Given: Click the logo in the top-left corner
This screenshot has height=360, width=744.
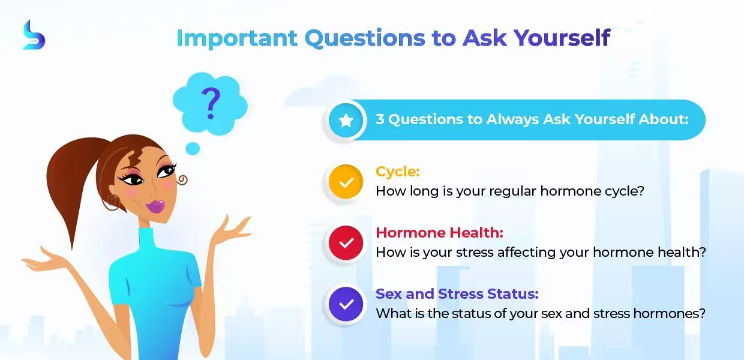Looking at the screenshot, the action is click(34, 35).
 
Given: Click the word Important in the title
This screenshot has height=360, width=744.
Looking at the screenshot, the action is click(237, 38).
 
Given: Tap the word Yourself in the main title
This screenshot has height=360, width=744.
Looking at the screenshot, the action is click(562, 38).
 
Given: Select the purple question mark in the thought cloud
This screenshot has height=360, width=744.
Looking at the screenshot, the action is click(211, 103).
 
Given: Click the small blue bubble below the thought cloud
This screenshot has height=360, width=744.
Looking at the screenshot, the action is click(193, 148).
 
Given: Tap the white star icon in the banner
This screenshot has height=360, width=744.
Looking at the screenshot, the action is click(346, 120).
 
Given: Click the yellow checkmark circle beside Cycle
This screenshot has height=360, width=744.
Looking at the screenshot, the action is click(346, 182).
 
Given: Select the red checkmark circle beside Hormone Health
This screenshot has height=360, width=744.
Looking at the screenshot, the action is click(346, 243).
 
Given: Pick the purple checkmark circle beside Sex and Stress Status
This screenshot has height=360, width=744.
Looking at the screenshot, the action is click(346, 304).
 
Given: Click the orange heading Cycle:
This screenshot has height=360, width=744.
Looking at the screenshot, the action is click(398, 172).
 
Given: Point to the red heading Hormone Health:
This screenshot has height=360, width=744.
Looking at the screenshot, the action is click(439, 232).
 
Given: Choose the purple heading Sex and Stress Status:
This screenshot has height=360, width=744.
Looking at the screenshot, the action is click(457, 294).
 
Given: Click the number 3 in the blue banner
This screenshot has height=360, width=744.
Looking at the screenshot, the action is click(380, 119).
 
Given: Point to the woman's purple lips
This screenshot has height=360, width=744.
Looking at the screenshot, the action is click(155, 206).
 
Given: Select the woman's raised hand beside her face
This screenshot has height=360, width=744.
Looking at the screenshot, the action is click(232, 230).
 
